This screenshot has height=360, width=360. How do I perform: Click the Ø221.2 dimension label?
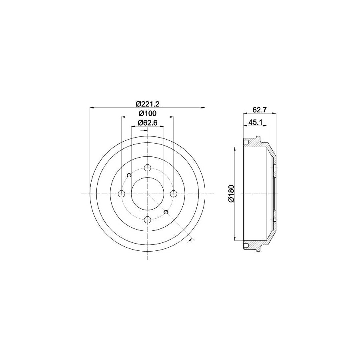point(148,104)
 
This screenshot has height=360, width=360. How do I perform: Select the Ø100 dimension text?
point(148,113)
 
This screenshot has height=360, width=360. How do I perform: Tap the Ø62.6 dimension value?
point(148,123)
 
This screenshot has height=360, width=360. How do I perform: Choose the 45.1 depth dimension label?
point(255,123)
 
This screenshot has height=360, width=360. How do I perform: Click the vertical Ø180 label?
point(231,194)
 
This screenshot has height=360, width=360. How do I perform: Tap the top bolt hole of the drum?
point(148,168)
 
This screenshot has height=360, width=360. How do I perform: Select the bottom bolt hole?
point(148,219)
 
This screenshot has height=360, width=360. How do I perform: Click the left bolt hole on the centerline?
point(122,194)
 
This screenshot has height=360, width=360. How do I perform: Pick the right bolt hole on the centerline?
point(173,194)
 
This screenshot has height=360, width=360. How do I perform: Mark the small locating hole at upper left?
point(129,175)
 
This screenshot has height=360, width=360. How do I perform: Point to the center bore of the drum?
point(148,194)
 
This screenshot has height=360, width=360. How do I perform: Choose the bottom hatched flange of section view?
point(256,244)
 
